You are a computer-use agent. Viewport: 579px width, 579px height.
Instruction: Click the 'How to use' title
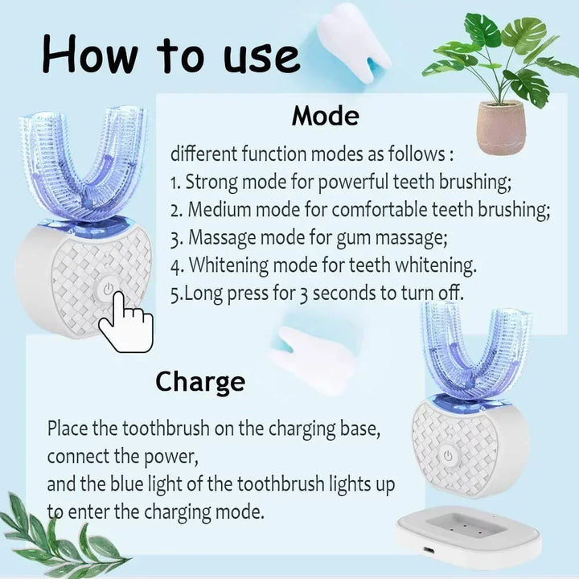(x=170, y=55)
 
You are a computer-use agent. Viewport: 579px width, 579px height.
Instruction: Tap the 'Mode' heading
(x=325, y=116)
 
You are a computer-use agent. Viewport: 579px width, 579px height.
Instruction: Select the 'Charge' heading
(x=199, y=380)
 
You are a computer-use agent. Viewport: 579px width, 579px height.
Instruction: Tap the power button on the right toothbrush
(x=448, y=455)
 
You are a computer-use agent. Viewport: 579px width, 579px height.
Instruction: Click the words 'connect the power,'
(x=121, y=456)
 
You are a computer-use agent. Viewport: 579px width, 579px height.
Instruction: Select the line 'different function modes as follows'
(x=310, y=154)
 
